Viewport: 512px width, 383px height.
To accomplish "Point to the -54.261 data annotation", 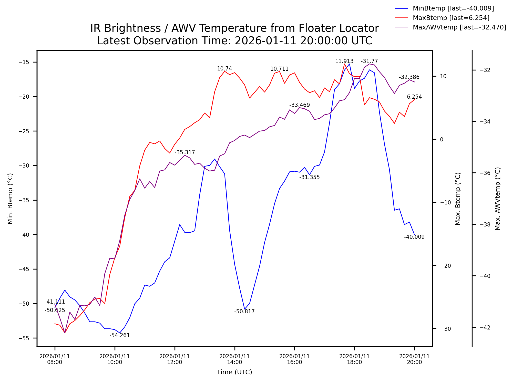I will click(120, 335).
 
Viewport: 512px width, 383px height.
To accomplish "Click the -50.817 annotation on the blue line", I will click(244, 312).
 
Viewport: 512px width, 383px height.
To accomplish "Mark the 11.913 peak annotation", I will click(344, 61).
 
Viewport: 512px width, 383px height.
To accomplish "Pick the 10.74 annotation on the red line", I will click(224, 69).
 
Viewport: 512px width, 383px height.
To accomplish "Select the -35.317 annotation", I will click(185, 153).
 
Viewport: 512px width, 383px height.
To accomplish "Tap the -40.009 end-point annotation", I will click(414, 237).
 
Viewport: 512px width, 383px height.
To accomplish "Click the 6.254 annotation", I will click(414, 97).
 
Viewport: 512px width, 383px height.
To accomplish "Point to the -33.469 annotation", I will click(299, 105).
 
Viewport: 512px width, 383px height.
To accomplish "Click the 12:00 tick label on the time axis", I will click(175, 359).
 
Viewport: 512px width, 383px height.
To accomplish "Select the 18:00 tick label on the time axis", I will click(354, 359).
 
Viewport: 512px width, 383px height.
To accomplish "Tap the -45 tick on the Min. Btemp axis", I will click(24, 269).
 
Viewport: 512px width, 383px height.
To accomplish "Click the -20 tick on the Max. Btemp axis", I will click(445, 266).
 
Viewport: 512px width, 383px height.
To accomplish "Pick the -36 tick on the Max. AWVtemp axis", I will click(485, 173).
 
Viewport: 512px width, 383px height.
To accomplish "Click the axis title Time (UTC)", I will click(234, 372).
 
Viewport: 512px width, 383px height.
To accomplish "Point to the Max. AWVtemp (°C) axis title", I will click(497, 199).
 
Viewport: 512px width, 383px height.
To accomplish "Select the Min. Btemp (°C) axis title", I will click(10, 199).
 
